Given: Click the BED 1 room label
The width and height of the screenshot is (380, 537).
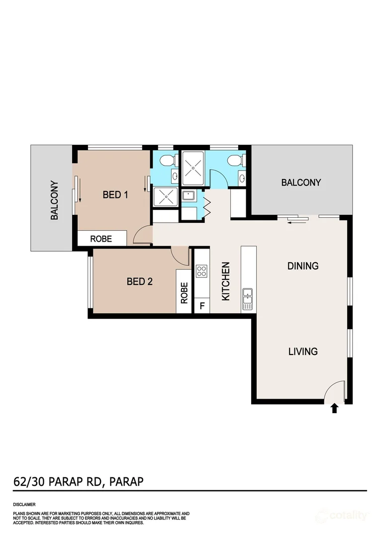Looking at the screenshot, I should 115,194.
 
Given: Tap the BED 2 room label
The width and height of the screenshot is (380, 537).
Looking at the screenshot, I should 139,282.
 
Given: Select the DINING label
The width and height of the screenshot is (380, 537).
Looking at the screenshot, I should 303,266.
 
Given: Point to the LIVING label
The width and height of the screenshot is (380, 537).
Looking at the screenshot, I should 303,352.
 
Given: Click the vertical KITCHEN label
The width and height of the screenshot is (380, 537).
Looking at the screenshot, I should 225,281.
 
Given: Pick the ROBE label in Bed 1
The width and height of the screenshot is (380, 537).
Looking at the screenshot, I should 101,239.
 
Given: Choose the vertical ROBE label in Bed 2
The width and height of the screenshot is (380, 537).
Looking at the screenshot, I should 184,293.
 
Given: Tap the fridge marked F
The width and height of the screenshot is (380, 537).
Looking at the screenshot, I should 201,306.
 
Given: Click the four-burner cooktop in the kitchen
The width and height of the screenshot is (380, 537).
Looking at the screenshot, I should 201,271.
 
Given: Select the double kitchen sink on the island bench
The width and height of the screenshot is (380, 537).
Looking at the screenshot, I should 248,299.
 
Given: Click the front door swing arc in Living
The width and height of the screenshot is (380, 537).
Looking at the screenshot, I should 332,391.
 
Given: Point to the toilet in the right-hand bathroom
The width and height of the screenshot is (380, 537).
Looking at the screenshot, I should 234,160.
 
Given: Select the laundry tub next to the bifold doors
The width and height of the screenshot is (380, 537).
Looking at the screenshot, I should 189,195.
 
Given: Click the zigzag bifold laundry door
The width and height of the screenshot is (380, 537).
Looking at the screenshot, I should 207,205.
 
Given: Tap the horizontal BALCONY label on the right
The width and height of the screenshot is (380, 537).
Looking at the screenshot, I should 301,182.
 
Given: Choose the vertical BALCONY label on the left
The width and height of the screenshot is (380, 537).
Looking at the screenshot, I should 55,200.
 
